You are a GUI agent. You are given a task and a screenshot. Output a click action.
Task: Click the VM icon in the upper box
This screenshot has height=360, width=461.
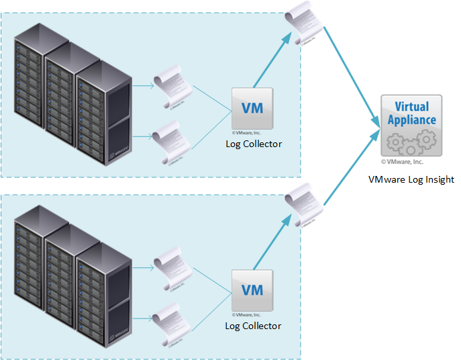(252, 107)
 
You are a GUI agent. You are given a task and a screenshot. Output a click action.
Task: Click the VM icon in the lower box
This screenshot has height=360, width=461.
(252, 290)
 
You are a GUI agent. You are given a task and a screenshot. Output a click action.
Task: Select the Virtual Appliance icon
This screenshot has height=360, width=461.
(411, 125)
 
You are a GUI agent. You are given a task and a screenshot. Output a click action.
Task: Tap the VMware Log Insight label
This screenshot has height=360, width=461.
(411, 179)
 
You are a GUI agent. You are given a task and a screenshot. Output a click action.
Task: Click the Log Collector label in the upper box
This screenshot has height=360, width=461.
(253, 144)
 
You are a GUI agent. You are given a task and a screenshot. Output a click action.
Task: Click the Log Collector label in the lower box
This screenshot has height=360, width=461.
(253, 326)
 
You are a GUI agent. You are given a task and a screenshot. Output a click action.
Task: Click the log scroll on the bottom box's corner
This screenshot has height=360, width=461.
(303, 206)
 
